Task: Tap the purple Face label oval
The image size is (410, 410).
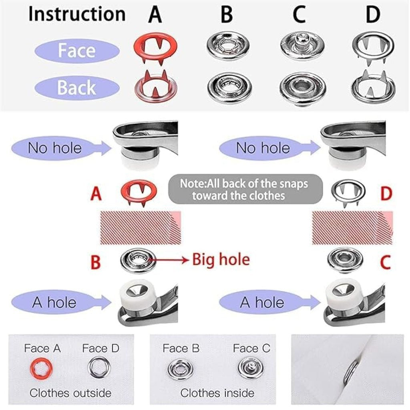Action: [77, 51]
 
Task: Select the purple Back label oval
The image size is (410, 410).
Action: [77, 88]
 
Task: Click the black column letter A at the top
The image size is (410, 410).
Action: [155, 15]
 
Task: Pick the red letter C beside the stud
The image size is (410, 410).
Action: [385, 263]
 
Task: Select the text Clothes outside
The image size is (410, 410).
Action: [70, 393]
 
